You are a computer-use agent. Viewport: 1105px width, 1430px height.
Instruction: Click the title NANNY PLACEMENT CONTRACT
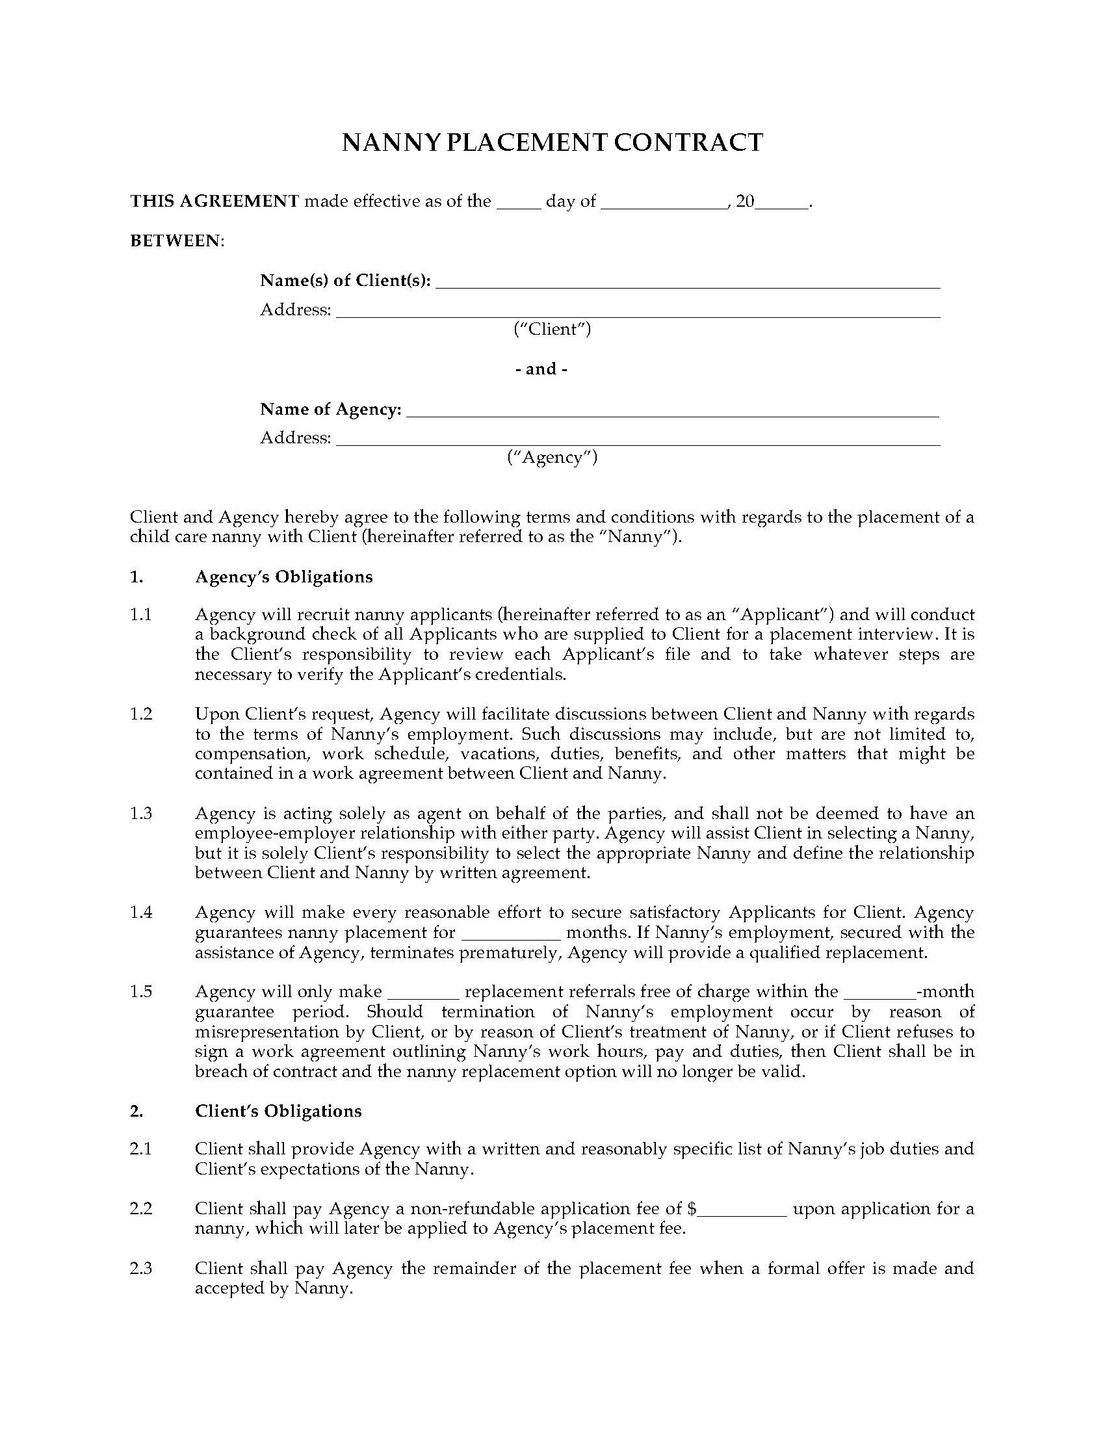tap(552, 143)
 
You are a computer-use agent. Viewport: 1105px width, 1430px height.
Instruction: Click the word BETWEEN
tap(176, 241)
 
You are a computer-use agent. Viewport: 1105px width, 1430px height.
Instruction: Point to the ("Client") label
tap(552, 329)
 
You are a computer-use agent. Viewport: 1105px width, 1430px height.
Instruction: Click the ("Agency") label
tap(552, 457)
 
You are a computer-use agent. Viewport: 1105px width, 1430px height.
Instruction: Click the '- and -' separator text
tap(541, 369)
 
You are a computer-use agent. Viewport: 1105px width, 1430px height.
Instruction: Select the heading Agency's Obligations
tap(283, 577)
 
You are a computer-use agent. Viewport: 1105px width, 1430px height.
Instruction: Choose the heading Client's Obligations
tap(278, 1111)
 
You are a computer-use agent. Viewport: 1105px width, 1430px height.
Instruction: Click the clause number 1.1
tap(141, 614)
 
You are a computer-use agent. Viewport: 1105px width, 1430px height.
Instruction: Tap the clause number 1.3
tap(141, 813)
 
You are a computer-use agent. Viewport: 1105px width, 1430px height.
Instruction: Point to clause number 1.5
tap(141, 991)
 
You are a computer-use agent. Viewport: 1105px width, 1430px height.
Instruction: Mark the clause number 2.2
tap(141, 1208)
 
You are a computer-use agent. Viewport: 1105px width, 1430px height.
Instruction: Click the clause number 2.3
tap(141, 1268)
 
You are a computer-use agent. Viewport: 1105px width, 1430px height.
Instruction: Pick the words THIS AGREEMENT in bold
tap(214, 201)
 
